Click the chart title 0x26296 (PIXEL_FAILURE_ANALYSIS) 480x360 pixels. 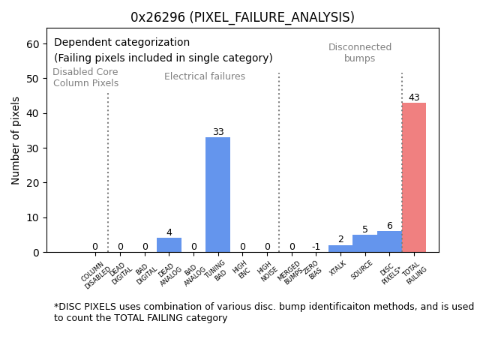coord(242,17)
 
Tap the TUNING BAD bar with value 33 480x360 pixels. coord(217,195)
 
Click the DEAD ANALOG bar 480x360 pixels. coord(169,245)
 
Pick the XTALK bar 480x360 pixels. coord(340,249)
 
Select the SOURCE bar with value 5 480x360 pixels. coord(365,244)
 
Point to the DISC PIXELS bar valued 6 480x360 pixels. coord(389,241)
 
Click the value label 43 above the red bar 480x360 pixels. coord(414,97)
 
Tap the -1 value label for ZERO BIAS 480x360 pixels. coord(316,247)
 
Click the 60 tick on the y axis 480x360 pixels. coord(34,44)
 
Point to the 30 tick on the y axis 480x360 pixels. coord(34,148)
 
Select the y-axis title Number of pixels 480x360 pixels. coord(16,140)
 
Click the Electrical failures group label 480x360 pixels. coord(205,76)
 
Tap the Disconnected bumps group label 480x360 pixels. coord(360,53)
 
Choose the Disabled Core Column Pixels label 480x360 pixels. coord(85,78)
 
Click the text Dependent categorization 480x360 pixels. coord(121,43)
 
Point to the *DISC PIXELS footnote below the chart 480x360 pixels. coord(263,312)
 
